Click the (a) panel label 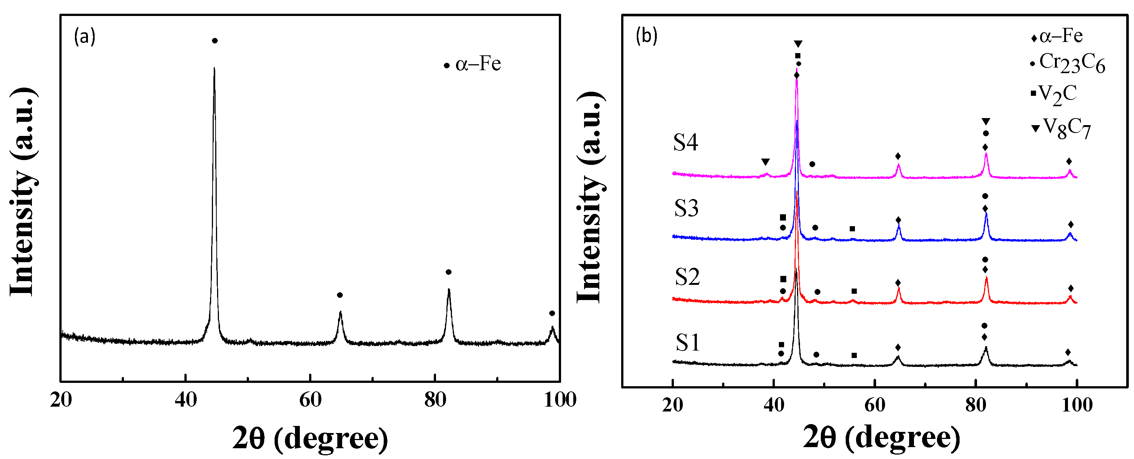click(x=85, y=36)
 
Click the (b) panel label click(x=646, y=36)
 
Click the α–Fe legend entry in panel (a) click(x=473, y=64)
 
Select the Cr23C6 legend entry click(x=1068, y=64)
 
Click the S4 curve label click(x=685, y=143)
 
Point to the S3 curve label click(x=686, y=208)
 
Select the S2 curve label click(x=687, y=277)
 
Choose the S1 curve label click(x=688, y=342)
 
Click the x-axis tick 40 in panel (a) click(x=185, y=400)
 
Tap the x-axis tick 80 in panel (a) click(x=435, y=400)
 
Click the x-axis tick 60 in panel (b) click(x=874, y=405)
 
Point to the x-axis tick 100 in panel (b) click(x=1077, y=405)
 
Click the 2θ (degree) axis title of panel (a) click(x=310, y=438)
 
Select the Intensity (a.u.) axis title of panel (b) click(x=590, y=198)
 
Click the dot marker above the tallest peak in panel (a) click(x=215, y=41)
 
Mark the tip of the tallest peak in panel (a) click(x=214, y=68)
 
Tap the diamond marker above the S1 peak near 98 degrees click(x=1068, y=352)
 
